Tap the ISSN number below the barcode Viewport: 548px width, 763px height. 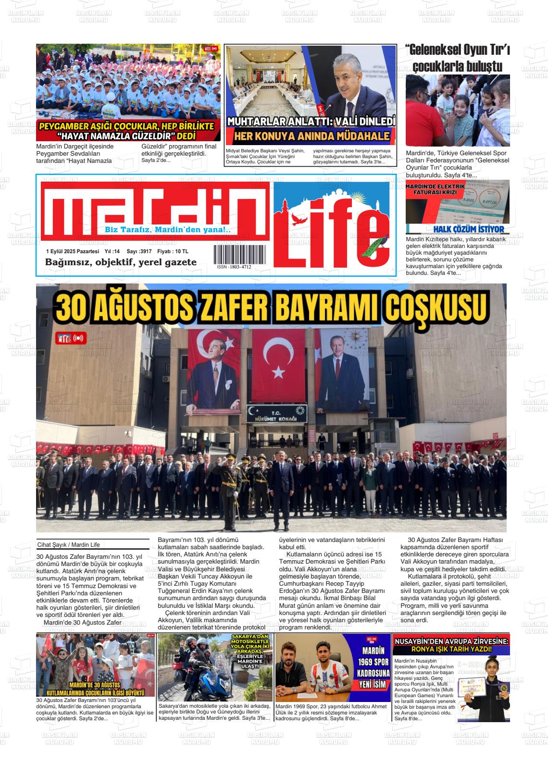tap(234, 267)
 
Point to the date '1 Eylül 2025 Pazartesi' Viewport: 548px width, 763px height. tap(73, 251)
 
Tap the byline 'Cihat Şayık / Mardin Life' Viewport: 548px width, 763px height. tap(68, 545)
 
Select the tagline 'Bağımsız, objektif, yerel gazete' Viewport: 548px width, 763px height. tap(121, 262)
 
